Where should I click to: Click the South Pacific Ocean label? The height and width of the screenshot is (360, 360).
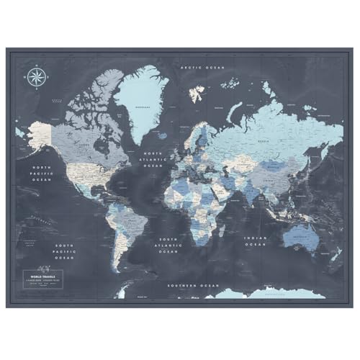[66, 250]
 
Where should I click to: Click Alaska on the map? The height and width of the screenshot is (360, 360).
[41, 132]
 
